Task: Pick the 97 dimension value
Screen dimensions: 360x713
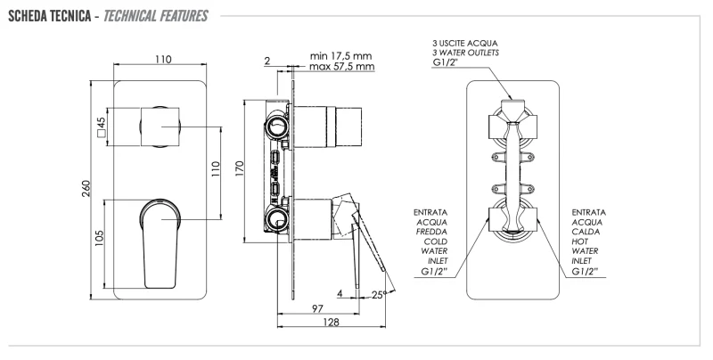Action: coord(316,307)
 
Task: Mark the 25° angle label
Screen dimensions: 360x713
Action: coord(381,293)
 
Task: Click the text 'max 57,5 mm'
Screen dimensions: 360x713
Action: coord(341,67)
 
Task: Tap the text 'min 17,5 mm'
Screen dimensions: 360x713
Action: coord(341,55)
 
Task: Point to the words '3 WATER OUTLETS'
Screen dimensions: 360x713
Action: coord(465,53)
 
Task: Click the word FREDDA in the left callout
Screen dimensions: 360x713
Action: coord(430,231)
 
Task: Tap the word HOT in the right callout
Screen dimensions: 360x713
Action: coord(581,241)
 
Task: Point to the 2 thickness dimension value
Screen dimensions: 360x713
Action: coord(266,61)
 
